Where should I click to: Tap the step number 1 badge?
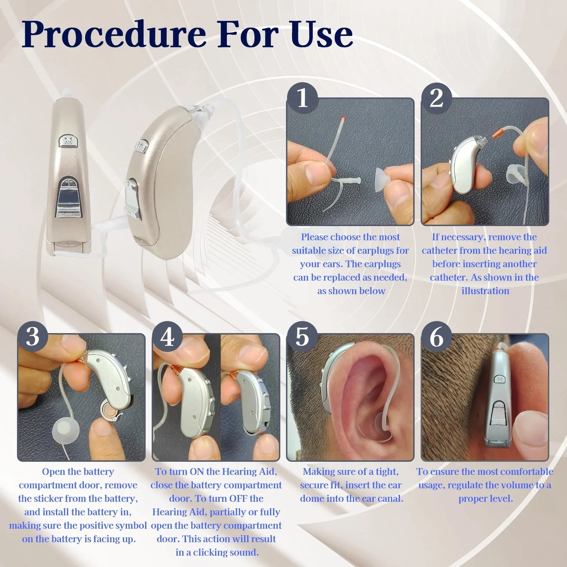point(302,98)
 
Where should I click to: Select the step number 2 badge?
point(436,98)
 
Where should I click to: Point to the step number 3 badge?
point(33,337)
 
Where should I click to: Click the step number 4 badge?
point(168,337)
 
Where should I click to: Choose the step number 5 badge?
point(302,337)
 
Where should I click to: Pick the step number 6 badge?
point(436,337)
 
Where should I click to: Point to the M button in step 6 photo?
point(500,379)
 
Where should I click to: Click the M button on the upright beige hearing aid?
point(68,141)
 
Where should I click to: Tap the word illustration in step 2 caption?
point(485,291)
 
